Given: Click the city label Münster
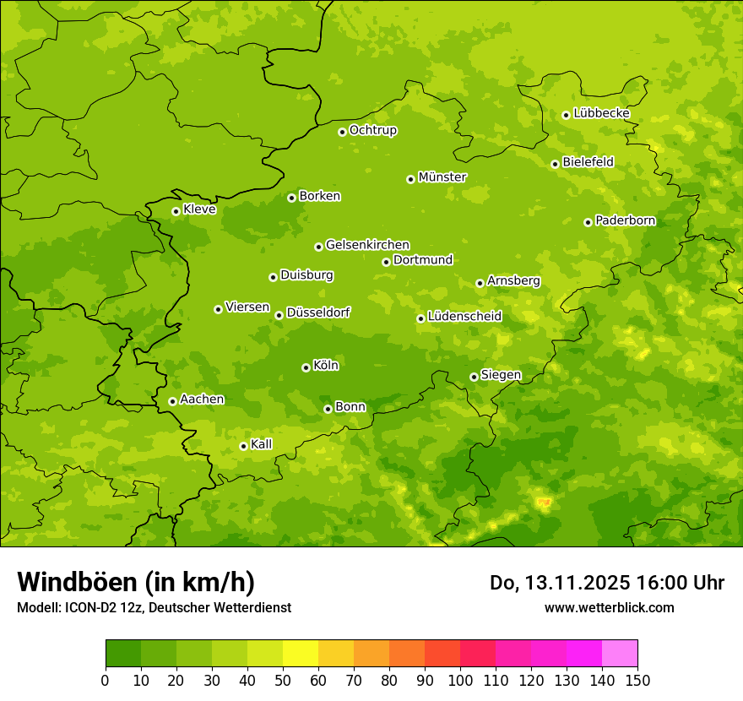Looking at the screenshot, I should click(442, 177).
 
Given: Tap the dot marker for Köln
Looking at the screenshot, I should click(306, 367).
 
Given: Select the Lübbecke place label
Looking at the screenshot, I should click(601, 113).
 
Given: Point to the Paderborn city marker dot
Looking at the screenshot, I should click(588, 222).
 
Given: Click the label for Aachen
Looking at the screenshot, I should click(202, 399).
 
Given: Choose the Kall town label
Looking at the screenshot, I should click(262, 444).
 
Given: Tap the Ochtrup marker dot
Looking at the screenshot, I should click(342, 132).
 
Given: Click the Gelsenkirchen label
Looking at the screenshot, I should click(367, 245).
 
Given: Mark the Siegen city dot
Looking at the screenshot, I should click(474, 377).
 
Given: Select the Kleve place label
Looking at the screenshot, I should click(199, 209).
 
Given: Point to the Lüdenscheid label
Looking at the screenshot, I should click(464, 317).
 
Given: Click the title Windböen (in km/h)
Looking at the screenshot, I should click(136, 582).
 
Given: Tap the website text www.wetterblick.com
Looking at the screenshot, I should click(609, 607).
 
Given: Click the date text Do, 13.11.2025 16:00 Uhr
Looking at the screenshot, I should click(607, 583).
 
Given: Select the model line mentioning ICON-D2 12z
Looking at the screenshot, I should click(154, 607).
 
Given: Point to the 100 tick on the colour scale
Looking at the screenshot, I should click(460, 680).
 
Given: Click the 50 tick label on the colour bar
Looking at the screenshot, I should click(283, 680).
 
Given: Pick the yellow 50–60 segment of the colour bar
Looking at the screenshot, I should click(301, 654).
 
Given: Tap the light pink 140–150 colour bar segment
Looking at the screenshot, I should click(620, 654).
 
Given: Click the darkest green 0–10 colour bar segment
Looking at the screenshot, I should click(123, 654).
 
